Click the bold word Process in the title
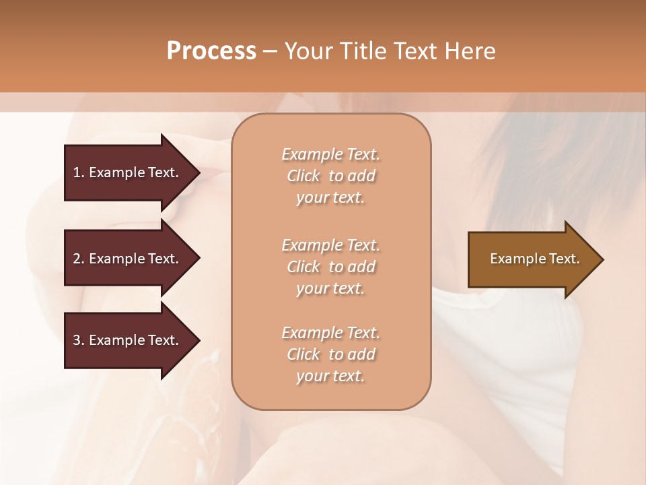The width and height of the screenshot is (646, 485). coord(211,51)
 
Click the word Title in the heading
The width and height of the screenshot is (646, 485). coord(357,51)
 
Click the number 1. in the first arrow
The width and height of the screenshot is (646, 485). coord(79,172)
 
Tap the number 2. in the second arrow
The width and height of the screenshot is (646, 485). coord(79,259)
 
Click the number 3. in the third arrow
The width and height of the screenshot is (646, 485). coord(79,340)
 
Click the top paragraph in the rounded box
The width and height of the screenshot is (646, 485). coord(331,176)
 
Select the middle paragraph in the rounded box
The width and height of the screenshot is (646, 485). coord(331,267)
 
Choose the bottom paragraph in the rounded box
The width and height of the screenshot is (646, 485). coord(331,354)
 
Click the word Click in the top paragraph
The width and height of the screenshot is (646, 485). coord(303,176)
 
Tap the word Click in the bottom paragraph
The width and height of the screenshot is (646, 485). coord(303,354)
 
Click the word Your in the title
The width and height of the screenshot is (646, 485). coord(307,51)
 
